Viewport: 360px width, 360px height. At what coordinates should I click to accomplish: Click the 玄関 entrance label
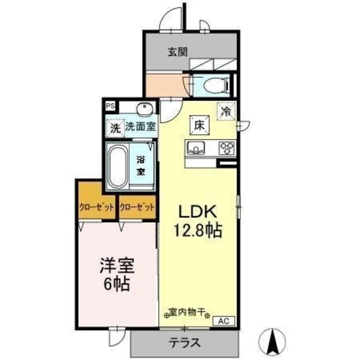tap(177, 52)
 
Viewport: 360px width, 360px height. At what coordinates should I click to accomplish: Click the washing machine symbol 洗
tap(115, 128)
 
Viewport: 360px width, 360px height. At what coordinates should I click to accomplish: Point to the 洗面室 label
tap(140, 127)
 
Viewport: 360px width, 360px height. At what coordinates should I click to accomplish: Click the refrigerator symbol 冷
tap(226, 111)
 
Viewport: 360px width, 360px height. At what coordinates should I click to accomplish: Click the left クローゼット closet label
tap(97, 206)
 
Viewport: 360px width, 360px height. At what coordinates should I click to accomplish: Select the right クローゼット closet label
tap(136, 206)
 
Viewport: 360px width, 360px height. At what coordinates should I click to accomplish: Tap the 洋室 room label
tap(117, 264)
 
